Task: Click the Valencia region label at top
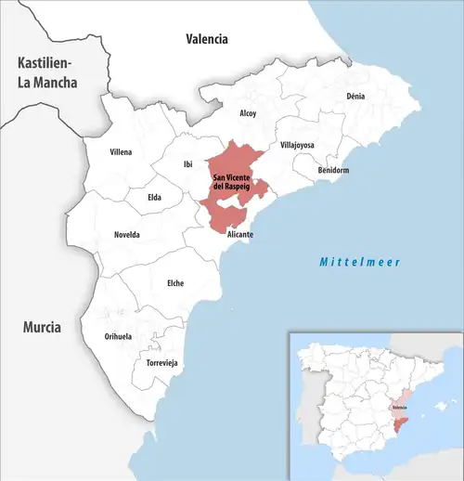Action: [x=207, y=39]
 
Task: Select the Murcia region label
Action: [x=43, y=328]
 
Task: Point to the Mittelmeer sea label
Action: [x=360, y=262]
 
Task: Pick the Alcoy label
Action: [x=248, y=113]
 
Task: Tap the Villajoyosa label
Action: [x=298, y=146]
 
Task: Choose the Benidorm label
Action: [x=332, y=171]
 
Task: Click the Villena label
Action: [x=121, y=151]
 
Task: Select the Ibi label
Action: [x=188, y=164]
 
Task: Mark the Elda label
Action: [x=155, y=197]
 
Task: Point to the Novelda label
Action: [x=127, y=235]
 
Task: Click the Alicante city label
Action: [x=240, y=235]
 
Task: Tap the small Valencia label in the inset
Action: [x=399, y=407]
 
